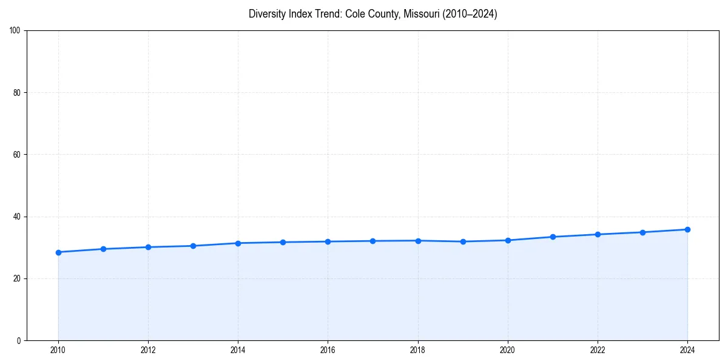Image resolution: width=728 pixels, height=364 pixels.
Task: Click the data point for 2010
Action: pos(58,252)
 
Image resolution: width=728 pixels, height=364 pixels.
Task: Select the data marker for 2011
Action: pos(103,249)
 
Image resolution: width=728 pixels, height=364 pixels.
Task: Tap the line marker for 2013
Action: pos(193,246)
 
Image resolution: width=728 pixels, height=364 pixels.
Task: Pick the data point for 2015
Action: pos(283,242)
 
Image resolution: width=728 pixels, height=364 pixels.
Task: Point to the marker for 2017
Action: pos(372,241)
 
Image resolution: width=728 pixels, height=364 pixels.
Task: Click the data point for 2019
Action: pos(463,241)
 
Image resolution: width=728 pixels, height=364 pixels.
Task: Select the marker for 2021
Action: pos(553,237)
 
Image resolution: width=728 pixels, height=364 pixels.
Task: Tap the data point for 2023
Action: pos(642,232)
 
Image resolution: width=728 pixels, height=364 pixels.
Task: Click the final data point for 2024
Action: pos(687,229)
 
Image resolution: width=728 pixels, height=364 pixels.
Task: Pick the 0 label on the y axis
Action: pos(19,340)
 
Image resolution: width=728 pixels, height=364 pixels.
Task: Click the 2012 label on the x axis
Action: pos(148,350)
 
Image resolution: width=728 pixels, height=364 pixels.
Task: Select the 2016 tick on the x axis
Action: pos(328,350)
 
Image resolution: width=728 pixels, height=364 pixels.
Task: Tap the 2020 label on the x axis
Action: pos(508,350)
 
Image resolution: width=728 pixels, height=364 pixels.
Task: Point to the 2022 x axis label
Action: pos(598,350)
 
